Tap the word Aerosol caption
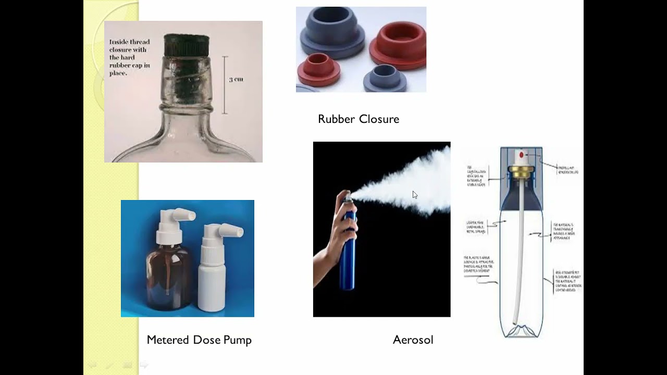click(413, 340)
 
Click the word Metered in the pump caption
click(168, 340)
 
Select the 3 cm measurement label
click(236, 80)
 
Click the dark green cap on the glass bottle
click(186, 46)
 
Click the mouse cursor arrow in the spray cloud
click(415, 195)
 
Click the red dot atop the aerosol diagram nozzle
click(521, 155)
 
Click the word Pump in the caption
click(237, 340)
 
